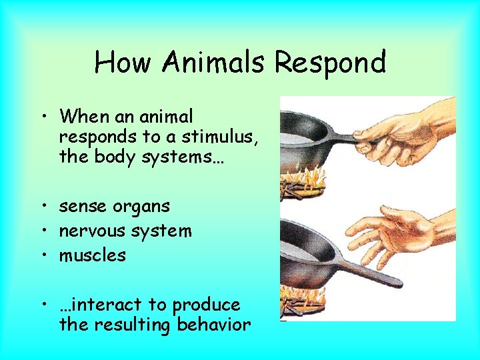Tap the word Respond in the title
[331, 63]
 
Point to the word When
[83, 116]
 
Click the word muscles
[92, 255]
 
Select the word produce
[206, 305]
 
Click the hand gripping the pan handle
[407, 133]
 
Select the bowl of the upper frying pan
[303, 140]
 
